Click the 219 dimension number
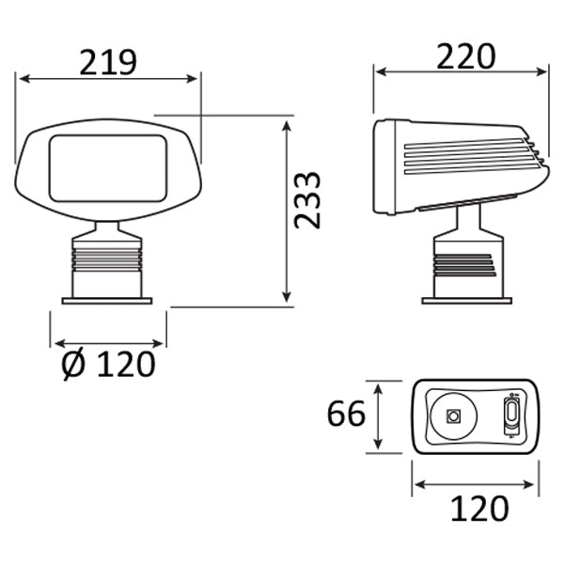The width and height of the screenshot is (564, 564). tap(108, 62)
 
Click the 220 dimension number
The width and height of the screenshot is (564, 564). tap(466, 55)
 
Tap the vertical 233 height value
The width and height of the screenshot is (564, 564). tap(306, 200)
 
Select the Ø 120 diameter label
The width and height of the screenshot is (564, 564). tap(108, 364)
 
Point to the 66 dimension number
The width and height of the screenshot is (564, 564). tap(346, 414)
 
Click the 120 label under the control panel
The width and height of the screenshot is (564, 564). tap(479, 509)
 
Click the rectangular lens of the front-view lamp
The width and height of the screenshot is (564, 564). tap(108, 168)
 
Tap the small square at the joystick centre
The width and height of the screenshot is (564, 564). tap(453, 416)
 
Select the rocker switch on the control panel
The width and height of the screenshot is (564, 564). tap(511, 415)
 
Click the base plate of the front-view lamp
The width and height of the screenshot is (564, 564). tap(107, 301)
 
